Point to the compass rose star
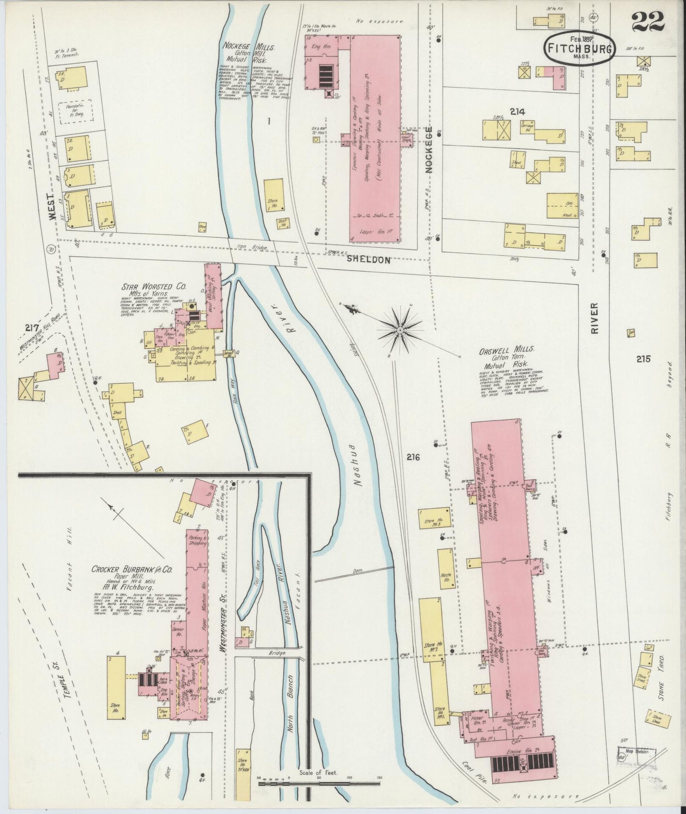pos(400,329)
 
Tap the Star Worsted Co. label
pos(154,287)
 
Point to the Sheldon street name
pos(375,260)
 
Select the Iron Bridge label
pos(256,247)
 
